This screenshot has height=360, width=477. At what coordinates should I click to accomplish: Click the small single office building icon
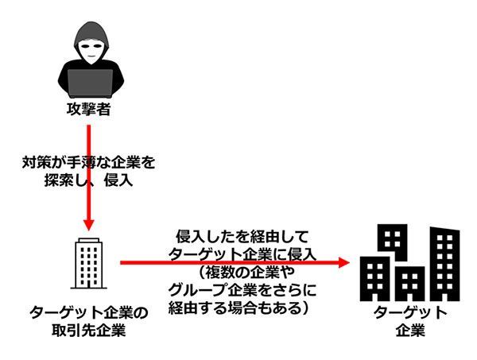87,263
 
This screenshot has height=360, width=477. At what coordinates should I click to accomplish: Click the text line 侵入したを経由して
239,236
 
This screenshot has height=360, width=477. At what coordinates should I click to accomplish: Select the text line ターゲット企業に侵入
243,254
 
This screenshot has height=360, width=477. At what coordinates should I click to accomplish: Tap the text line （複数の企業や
238,272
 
